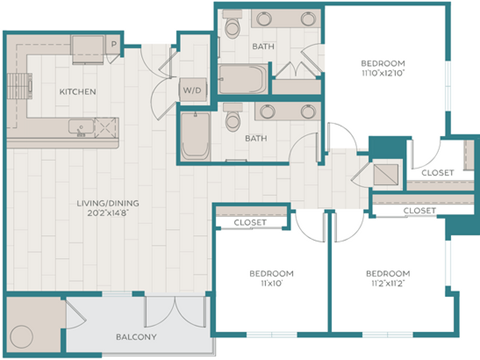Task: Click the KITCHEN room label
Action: pyautogui.click(x=77, y=92)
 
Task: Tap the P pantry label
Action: pyautogui.click(x=114, y=43)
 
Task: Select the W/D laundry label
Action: pyautogui.click(x=192, y=89)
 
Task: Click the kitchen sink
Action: pyautogui.click(x=82, y=128)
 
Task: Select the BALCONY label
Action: pyautogui.click(x=135, y=337)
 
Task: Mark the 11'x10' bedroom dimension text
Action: pyautogui.click(x=270, y=283)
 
